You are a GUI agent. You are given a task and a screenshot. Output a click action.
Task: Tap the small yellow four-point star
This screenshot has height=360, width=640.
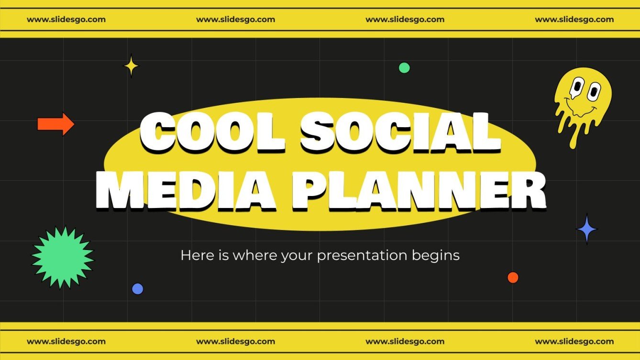(x=131, y=66)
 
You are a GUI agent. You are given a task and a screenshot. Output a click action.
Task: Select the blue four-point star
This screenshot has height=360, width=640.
(x=587, y=230)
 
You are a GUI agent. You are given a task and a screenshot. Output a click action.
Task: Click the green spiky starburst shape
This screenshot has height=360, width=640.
(x=63, y=258)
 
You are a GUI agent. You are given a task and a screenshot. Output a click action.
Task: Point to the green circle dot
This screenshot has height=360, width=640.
(x=404, y=68)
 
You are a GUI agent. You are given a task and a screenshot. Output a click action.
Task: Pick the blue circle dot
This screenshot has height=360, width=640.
(x=137, y=289)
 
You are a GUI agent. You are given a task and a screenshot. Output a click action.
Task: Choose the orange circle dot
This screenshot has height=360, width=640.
(x=513, y=277)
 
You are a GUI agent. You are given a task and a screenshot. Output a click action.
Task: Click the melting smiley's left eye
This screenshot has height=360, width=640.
(x=578, y=87)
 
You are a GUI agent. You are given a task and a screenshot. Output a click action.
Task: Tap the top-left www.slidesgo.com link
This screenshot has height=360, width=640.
(x=66, y=20)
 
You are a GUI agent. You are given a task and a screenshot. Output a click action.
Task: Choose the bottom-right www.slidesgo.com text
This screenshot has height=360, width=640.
(x=574, y=341)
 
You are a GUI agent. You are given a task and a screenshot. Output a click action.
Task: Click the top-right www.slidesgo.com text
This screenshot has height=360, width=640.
(x=574, y=20)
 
